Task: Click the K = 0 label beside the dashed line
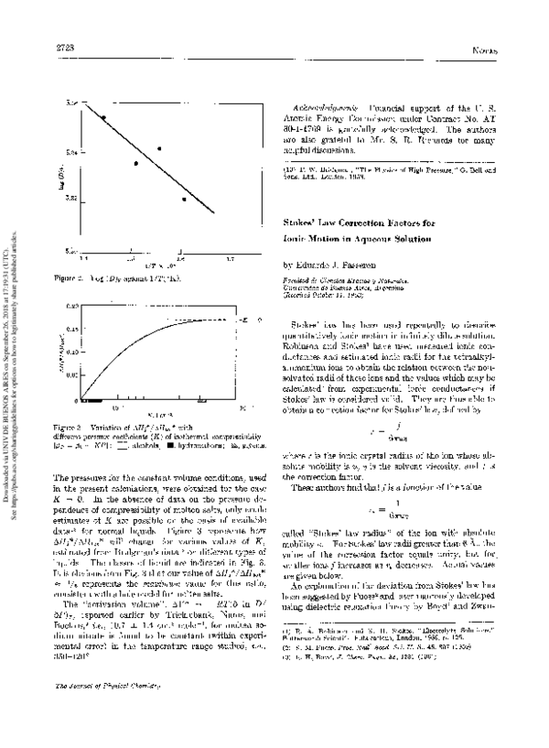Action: click(244, 320)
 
